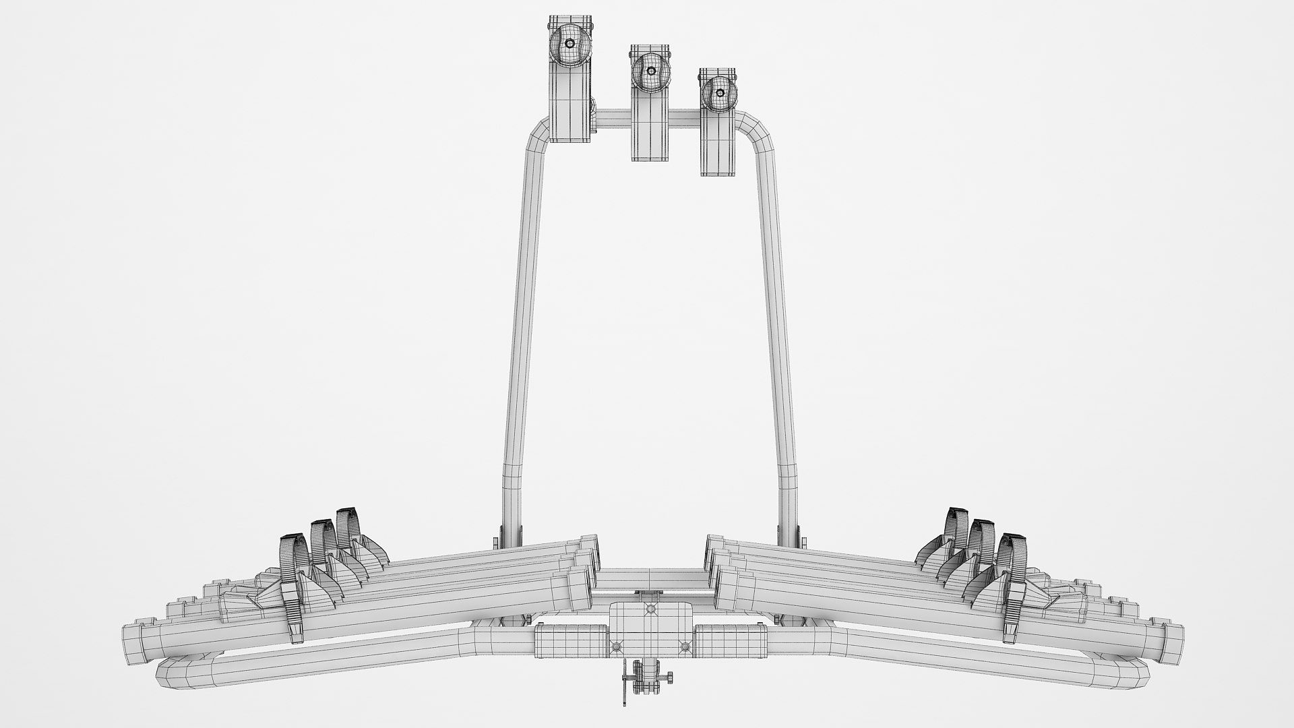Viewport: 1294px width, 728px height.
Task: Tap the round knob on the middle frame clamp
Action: tap(651, 71)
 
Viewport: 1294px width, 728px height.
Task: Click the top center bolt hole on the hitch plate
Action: tap(650, 609)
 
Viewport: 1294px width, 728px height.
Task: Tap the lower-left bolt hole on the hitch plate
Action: tap(615, 646)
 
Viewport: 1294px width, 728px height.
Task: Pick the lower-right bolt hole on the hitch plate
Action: tap(685, 646)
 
